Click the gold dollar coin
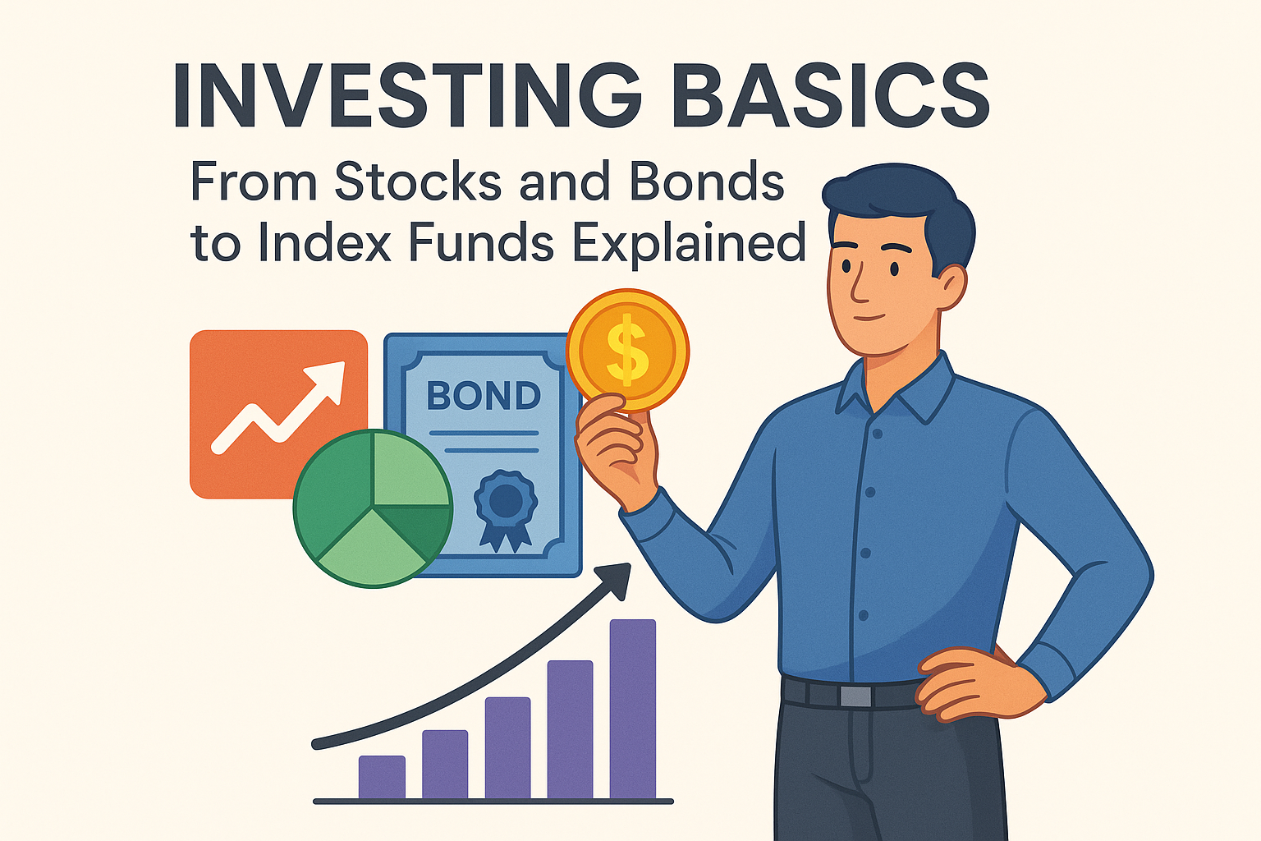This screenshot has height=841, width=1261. (627, 350)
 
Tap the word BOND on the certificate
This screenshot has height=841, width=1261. (484, 395)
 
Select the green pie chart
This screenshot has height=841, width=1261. (373, 508)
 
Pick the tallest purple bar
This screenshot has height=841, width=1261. (633, 709)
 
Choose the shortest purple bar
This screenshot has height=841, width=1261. (382, 777)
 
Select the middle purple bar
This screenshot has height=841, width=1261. (508, 747)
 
